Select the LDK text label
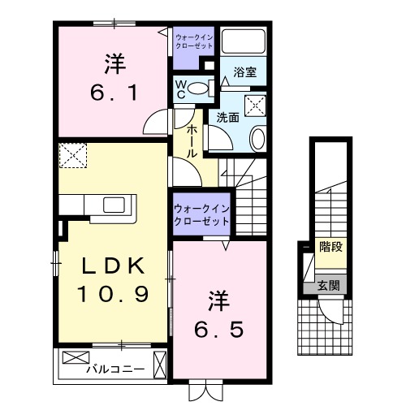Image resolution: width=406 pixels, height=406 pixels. [114, 266]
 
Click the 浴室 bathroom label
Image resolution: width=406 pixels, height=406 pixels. [244, 72]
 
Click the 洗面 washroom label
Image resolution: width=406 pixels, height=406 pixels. [227, 117]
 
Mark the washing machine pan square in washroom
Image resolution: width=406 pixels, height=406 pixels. [256, 104]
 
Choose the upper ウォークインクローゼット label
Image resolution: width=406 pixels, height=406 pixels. [193, 41]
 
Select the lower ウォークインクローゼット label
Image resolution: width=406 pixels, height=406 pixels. [200, 215]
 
